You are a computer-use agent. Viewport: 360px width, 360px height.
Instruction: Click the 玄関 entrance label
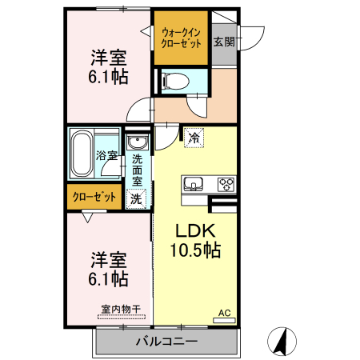[224, 42]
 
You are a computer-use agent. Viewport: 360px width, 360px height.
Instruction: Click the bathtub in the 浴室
[82, 154]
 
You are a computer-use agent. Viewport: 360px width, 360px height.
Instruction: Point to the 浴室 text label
[107, 154]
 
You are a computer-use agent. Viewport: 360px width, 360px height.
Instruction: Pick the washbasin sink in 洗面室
[138, 142]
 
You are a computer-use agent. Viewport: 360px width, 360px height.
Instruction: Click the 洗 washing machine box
[137, 198]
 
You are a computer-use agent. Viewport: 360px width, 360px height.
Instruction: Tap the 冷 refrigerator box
[193, 138]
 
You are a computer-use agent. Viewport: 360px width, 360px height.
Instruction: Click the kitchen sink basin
[194, 185]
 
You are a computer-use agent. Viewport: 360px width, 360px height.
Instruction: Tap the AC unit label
[224, 313]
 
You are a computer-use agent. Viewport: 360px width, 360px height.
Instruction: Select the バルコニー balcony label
[166, 342]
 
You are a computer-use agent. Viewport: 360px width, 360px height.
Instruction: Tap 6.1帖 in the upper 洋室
[107, 78]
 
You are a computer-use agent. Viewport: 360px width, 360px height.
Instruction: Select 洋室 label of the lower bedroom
[108, 259]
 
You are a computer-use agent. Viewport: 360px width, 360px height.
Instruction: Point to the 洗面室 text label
[137, 170]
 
